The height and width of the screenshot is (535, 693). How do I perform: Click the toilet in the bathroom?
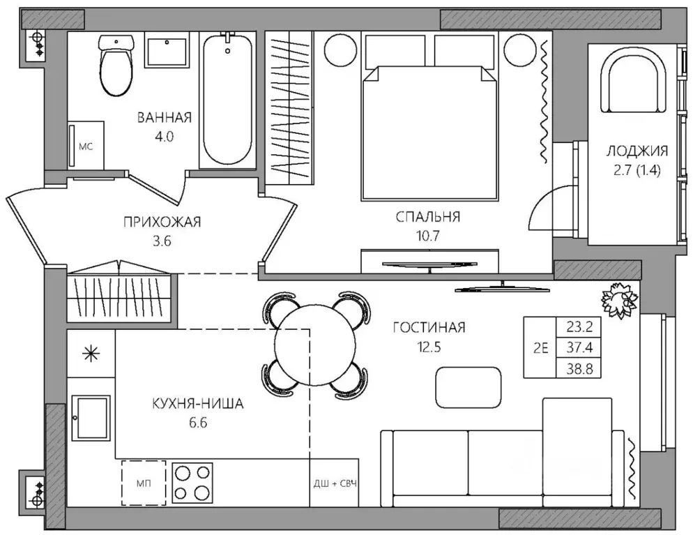[116, 66]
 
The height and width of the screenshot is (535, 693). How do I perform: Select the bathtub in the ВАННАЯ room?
[227, 100]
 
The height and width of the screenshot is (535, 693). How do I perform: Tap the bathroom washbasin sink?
[167, 52]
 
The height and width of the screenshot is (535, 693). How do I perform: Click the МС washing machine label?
[86, 146]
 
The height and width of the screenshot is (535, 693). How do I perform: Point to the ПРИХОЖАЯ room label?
[162, 222]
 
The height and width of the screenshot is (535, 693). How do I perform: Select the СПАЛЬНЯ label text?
[428, 217]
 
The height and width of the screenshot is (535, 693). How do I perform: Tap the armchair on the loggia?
[633, 80]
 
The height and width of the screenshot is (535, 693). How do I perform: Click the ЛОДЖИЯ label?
[637, 151]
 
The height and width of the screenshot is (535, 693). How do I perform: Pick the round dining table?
[315, 347]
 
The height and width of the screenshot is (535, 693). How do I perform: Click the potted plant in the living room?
[620, 301]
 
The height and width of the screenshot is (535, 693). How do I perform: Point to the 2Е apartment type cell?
[540, 348]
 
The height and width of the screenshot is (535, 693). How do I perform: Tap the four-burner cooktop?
[192, 483]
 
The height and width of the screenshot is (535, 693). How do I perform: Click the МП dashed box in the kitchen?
[144, 483]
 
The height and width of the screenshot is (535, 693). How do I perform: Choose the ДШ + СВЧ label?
[335, 483]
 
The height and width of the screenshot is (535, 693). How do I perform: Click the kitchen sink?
[91, 418]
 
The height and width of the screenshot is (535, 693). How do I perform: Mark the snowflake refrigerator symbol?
[91, 354]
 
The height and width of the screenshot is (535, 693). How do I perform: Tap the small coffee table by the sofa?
[469, 388]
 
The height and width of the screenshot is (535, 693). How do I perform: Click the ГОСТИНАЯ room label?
[429, 328]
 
